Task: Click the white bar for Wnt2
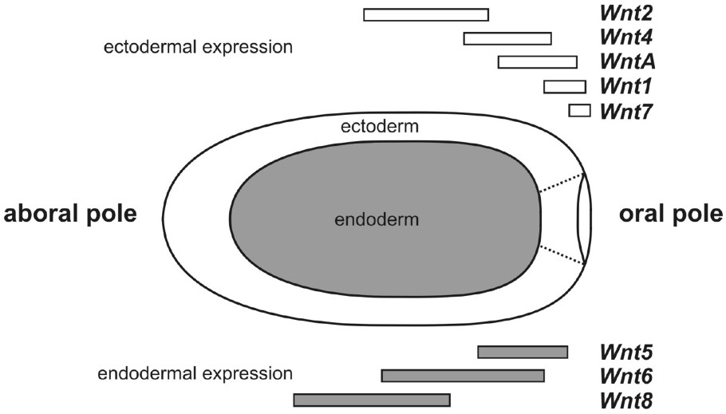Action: (425, 14)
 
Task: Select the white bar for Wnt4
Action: (507, 38)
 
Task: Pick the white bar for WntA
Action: (537, 62)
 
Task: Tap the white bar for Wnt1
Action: (564, 86)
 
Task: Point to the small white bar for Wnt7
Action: (579, 110)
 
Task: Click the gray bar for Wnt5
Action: (523, 352)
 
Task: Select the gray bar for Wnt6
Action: (463, 376)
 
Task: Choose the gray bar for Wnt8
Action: (372, 400)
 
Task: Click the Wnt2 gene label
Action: (625, 14)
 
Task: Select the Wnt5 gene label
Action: (625, 352)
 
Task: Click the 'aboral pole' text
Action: (71, 215)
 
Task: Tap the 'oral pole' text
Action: (670, 215)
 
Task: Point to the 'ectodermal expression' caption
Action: (199, 46)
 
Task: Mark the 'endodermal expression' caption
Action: (195, 373)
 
